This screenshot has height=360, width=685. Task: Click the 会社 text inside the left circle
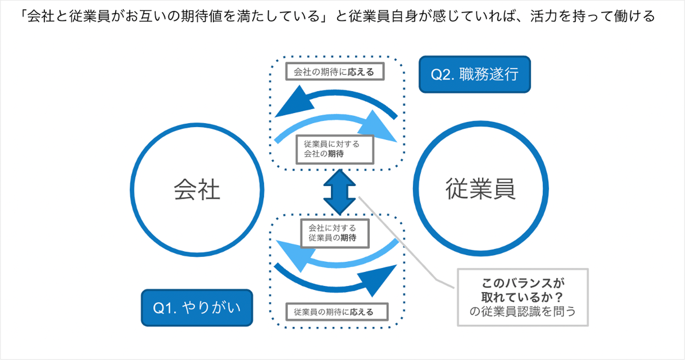[197, 189]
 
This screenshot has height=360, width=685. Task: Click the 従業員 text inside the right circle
[480, 189]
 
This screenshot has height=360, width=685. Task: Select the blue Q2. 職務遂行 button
[474, 74]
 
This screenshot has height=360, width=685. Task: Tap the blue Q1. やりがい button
[197, 308]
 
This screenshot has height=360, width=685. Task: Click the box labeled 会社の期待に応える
[335, 72]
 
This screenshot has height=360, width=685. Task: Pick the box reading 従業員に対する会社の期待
[335, 149]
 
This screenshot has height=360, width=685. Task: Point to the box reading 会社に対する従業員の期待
[335, 233]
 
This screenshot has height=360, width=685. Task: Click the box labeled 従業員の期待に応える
[336, 312]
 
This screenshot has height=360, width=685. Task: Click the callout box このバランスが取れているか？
[522, 297]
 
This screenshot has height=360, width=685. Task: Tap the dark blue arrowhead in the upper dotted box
[294, 103]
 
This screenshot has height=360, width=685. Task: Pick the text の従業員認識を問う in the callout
[522, 312]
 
